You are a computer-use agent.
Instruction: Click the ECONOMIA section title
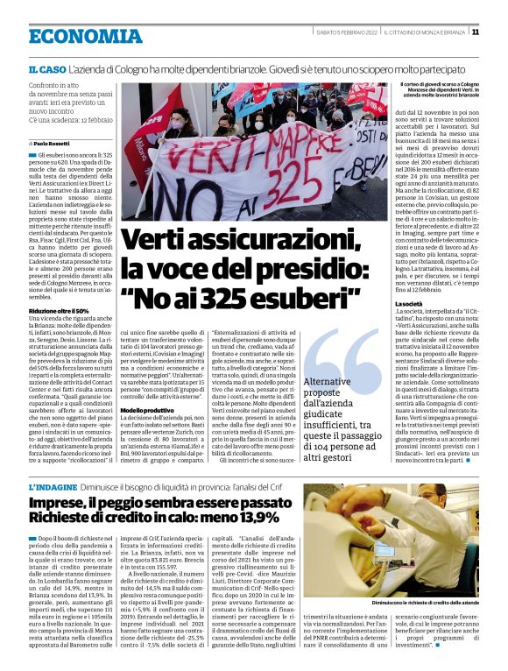pyautogui.click(x=84, y=35)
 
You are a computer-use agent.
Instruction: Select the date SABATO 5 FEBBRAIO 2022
pyautogui.click(x=346, y=32)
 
